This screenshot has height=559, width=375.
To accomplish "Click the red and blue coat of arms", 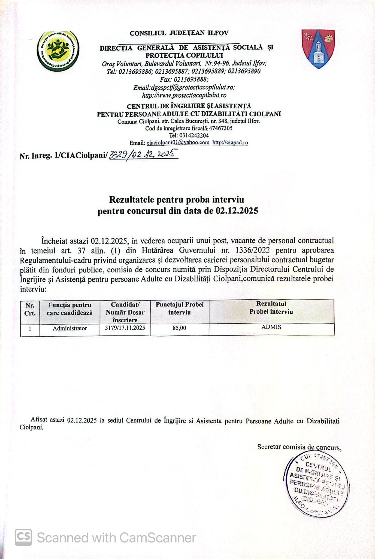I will tap(318, 49).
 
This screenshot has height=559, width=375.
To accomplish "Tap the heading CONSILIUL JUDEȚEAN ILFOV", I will tap(179, 33).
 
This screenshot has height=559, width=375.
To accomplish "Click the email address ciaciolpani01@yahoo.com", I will tap(178, 142).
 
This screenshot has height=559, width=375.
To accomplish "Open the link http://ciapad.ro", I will tap(230, 142).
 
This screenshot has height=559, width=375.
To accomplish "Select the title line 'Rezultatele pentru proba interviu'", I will tap(176, 200).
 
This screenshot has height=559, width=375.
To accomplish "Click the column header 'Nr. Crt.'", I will tap(30, 309).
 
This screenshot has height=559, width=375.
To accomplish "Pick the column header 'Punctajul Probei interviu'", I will tap(180, 308).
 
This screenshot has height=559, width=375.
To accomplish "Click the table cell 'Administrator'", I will tap(70, 328).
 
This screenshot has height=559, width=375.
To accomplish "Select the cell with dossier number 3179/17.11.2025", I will tap(125, 328).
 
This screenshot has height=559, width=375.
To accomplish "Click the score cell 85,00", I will tap(179, 328).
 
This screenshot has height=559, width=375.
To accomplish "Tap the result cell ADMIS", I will tap(271, 327).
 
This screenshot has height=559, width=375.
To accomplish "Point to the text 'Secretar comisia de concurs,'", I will tap(299, 447).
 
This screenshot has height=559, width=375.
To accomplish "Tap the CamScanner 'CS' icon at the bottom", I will tap(23, 537).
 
